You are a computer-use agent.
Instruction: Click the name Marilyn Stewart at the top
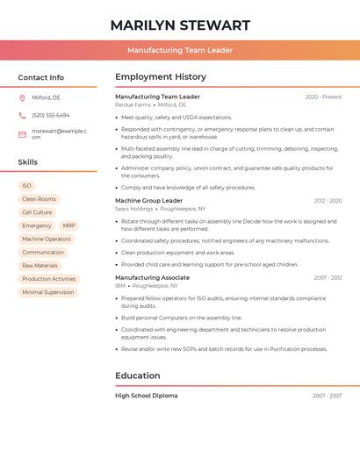[180, 25]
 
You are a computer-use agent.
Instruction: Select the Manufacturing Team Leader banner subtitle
[180, 50]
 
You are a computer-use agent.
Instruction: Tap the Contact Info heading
[41, 77]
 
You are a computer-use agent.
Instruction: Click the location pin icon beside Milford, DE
[22, 98]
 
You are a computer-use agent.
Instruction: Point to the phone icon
[22, 116]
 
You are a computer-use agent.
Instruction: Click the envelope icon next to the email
[22, 133]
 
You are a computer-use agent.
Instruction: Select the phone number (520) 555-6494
[51, 116]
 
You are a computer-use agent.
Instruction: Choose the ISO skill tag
[26, 186]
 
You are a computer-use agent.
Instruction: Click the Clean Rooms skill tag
[39, 199]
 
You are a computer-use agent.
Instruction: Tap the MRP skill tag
[69, 225]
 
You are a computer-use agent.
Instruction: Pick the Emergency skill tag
[37, 225]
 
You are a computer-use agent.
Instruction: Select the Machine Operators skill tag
[47, 239]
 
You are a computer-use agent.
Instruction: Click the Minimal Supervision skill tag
[47, 292]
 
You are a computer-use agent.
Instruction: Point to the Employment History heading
[161, 77]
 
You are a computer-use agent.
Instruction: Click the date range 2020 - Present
[323, 97]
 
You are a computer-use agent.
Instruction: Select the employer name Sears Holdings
[133, 209]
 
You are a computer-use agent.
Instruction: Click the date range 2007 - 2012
[328, 278]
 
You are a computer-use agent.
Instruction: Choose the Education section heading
[137, 376]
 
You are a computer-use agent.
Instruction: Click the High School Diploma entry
[146, 396]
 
